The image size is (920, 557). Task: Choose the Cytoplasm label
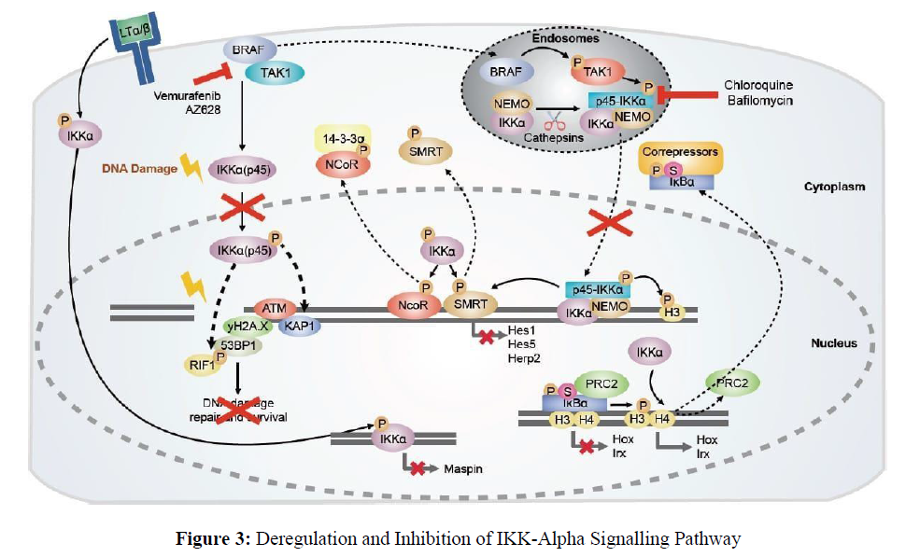tap(834, 187)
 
